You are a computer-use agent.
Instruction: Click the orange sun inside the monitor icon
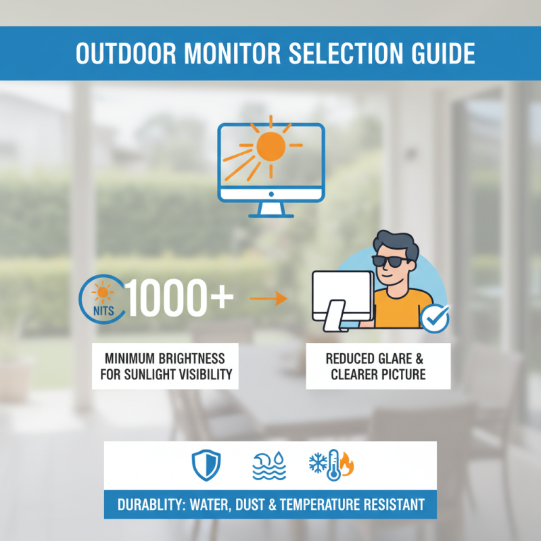270,146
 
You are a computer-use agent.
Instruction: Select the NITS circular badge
101,298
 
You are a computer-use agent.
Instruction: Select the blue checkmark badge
435,317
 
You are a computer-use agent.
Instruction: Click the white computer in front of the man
342,298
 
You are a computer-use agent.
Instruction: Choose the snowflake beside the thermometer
317,464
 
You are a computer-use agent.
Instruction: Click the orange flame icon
348,465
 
